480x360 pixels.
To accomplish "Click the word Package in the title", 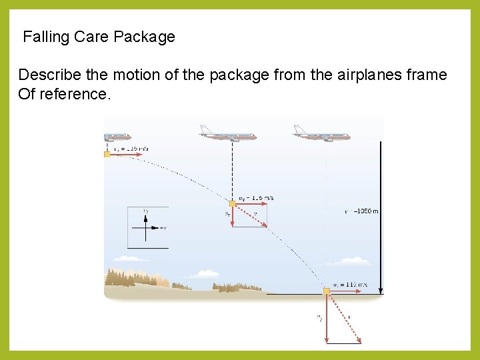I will pos(144,37).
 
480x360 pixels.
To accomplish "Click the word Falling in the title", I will pos(46,37).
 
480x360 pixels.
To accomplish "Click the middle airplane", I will pos(228,134).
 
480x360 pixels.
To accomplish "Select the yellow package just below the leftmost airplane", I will pos(107,154).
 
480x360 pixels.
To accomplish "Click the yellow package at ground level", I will pos(327,291).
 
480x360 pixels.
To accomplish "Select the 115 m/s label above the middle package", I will pos(256,198).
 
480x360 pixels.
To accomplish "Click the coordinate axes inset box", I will pos(148,227).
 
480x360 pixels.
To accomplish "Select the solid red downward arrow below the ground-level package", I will pos(327,318).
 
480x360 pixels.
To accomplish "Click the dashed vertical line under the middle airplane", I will pos(232,170).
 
